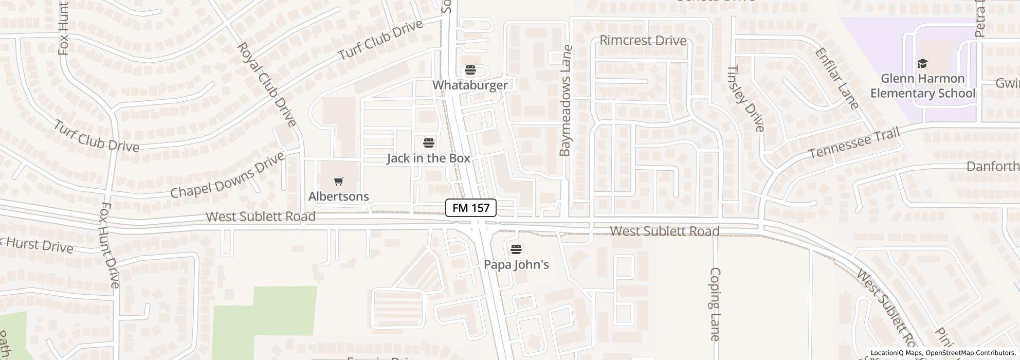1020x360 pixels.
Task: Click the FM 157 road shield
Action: (470, 208)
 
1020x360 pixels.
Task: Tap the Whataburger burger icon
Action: (470, 70)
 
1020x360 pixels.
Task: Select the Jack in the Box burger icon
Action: (429, 143)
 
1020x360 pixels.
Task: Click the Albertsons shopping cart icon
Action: (338, 181)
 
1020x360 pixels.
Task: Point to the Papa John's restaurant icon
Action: (516, 249)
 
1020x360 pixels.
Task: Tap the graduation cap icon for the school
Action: (922, 64)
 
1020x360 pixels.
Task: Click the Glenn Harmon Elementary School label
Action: (922, 86)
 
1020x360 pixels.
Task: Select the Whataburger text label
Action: (470, 85)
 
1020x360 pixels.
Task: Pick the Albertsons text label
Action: (338, 196)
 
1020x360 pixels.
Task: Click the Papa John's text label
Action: (516, 265)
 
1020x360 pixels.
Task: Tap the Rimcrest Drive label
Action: (643, 41)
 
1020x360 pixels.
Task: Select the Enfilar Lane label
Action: (836, 79)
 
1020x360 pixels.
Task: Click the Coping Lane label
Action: (715, 304)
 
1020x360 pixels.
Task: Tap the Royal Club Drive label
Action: (266, 84)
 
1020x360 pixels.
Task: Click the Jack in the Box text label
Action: (429, 158)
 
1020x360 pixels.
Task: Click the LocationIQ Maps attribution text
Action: (896, 353)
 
